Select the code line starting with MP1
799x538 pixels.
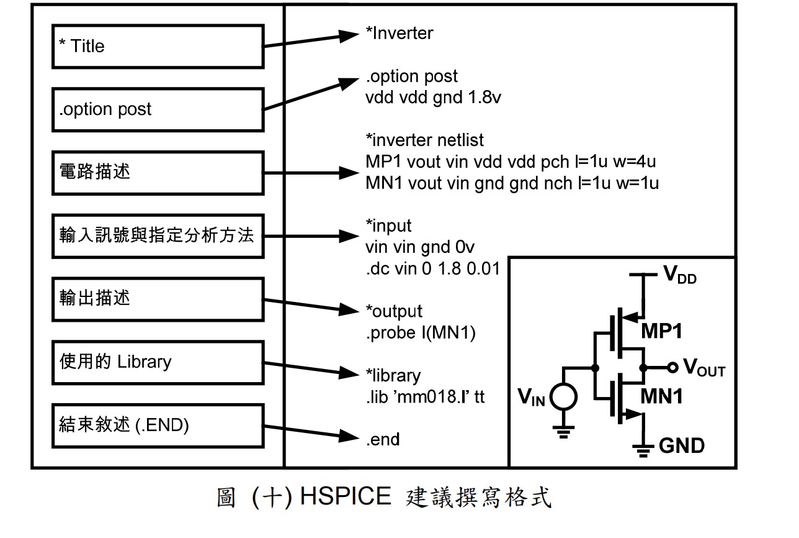511,162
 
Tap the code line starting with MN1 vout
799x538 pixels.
512,183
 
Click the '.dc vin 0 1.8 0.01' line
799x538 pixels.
432,270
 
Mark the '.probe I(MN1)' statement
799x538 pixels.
421,333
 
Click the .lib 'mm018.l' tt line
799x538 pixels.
425,396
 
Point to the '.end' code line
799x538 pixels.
383,440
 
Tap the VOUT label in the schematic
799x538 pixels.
703,369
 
